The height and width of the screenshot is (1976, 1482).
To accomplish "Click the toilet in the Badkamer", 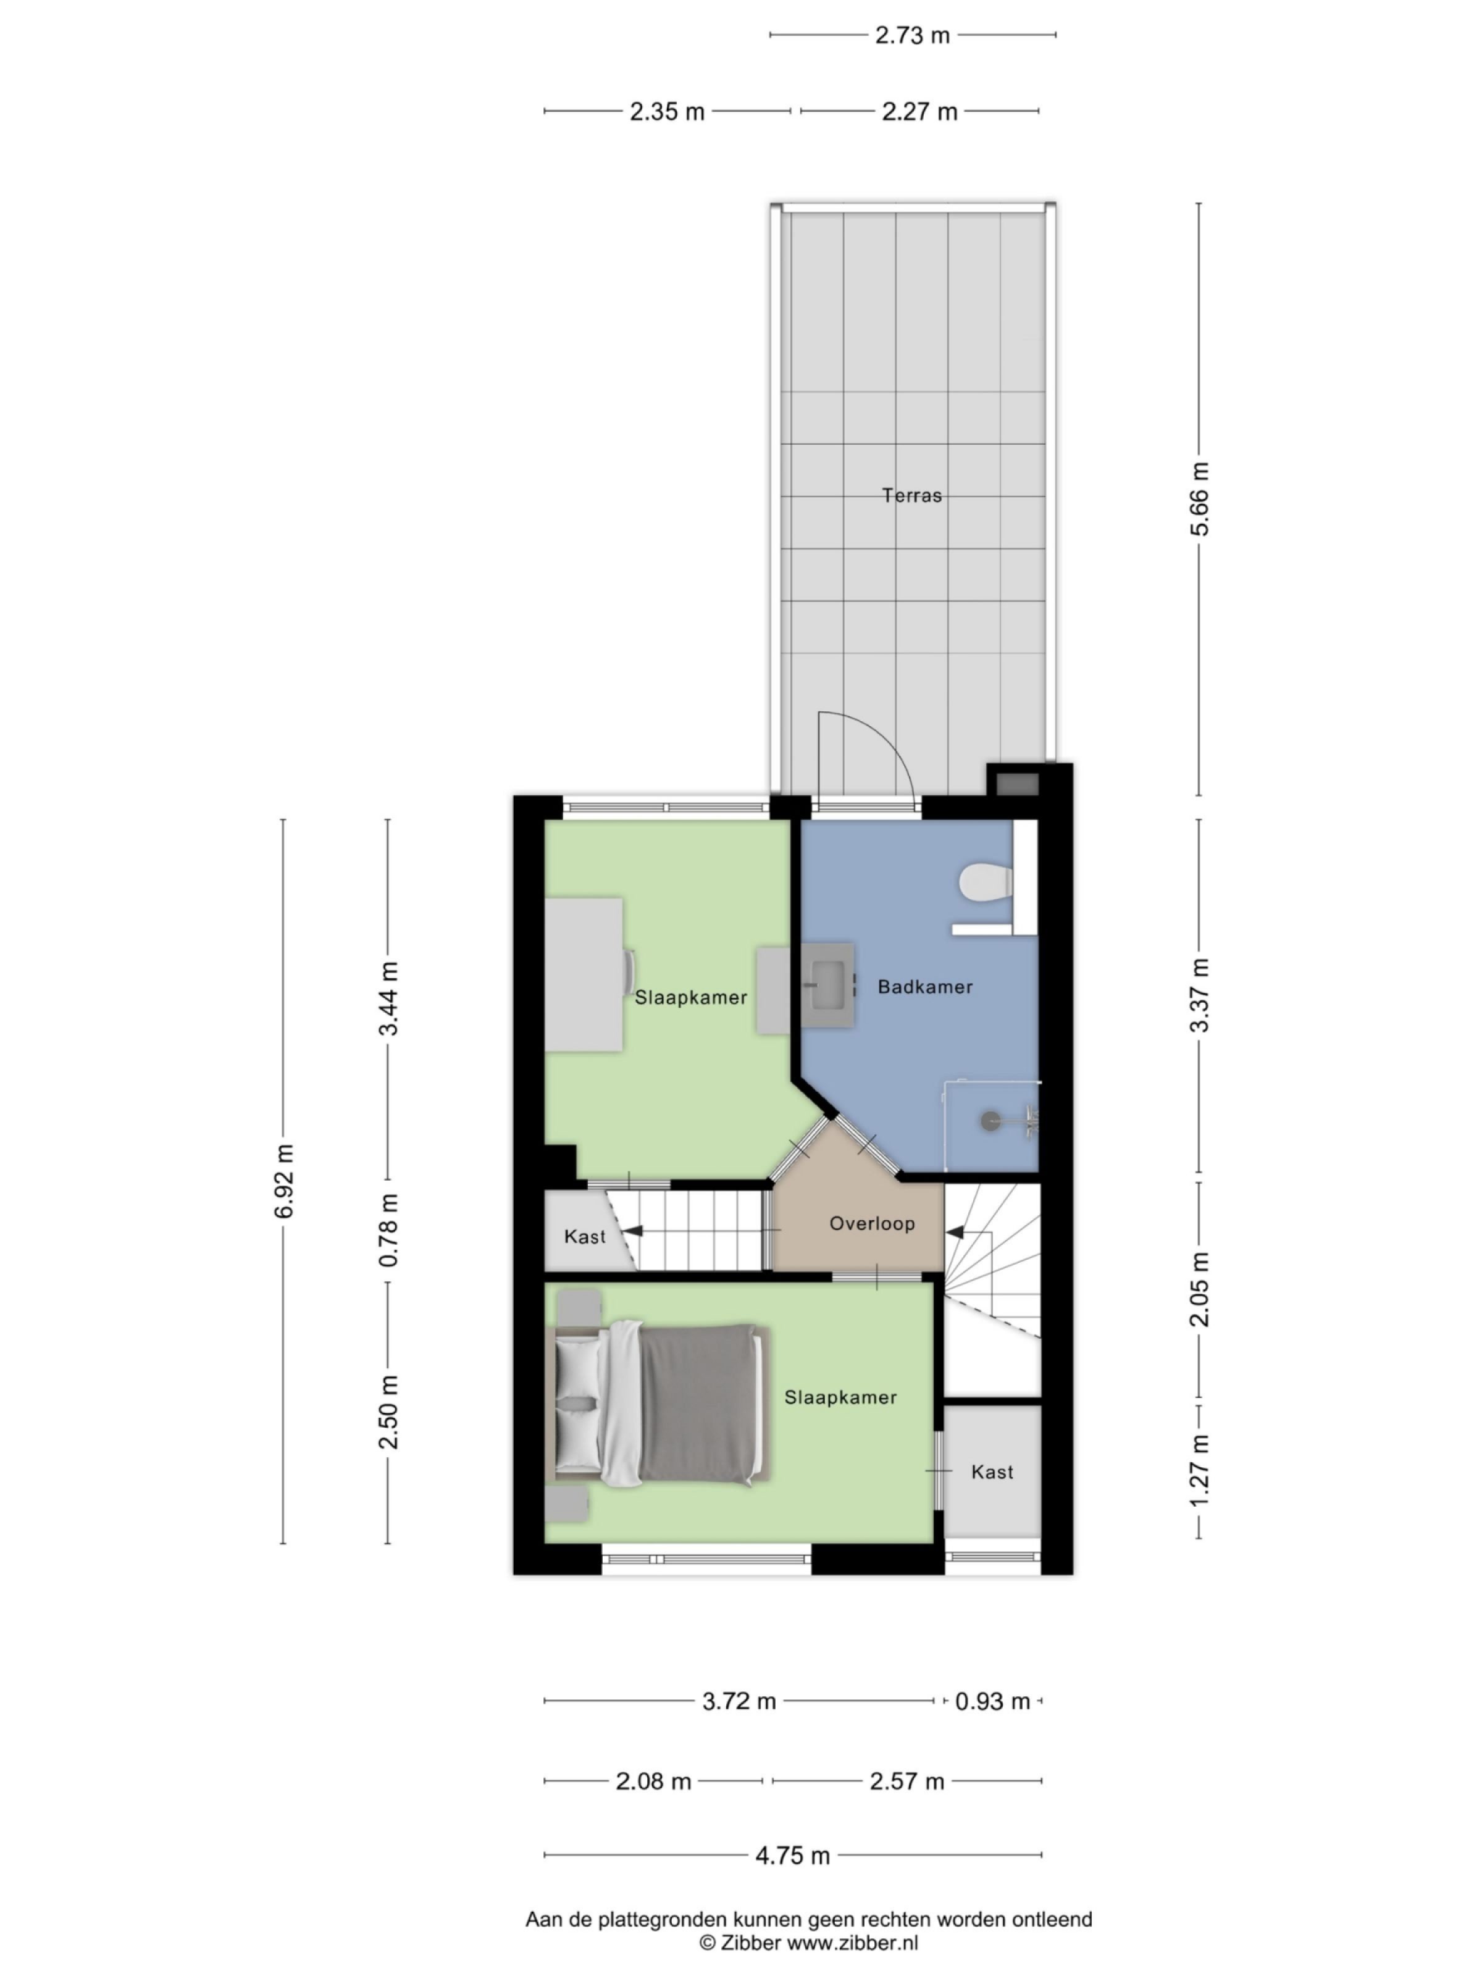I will coord(984,884).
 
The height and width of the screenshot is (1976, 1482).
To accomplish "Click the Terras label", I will coord(911,495).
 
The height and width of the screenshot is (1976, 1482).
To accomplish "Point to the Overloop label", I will coord(871,1224).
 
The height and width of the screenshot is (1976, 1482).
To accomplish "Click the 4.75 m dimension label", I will coord(792,1856).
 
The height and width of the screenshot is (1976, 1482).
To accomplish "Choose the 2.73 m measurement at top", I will coord(911,36).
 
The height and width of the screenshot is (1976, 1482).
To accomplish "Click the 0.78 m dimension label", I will coord(388,1230).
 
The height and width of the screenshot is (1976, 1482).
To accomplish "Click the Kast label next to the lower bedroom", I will coord(992,1472).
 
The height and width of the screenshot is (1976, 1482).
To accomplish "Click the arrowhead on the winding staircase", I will coord(954,1233).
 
